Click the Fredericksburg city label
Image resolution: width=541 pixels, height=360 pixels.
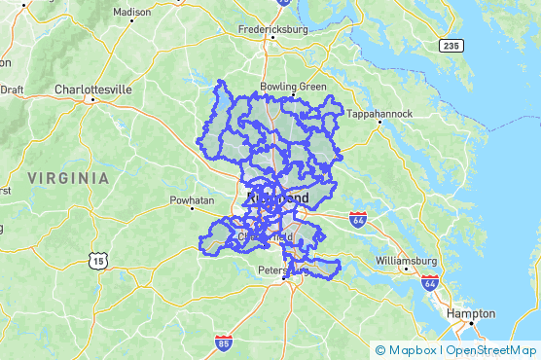click(x=272, y=29)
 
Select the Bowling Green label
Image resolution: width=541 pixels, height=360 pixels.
click(x=293, y=87)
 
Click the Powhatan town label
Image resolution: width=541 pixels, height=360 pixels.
click(x=192, y=200)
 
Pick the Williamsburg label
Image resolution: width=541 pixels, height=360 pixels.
click(x=408, y=261)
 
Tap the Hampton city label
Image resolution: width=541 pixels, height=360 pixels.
click(x=471, y=314)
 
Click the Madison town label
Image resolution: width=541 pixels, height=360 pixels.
click(x=132, y=13)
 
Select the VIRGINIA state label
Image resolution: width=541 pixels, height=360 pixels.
click(x=68, y=178)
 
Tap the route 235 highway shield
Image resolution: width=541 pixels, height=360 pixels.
click(x=450, y=45)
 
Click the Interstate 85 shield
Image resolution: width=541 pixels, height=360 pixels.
click(x=224, y=342)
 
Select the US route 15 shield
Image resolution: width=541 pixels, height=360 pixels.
click(x=95, y=260)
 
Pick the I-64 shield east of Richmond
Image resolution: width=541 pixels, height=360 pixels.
click(x=357, y=218)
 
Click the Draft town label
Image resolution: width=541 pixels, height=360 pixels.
click(x=12, y=90)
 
